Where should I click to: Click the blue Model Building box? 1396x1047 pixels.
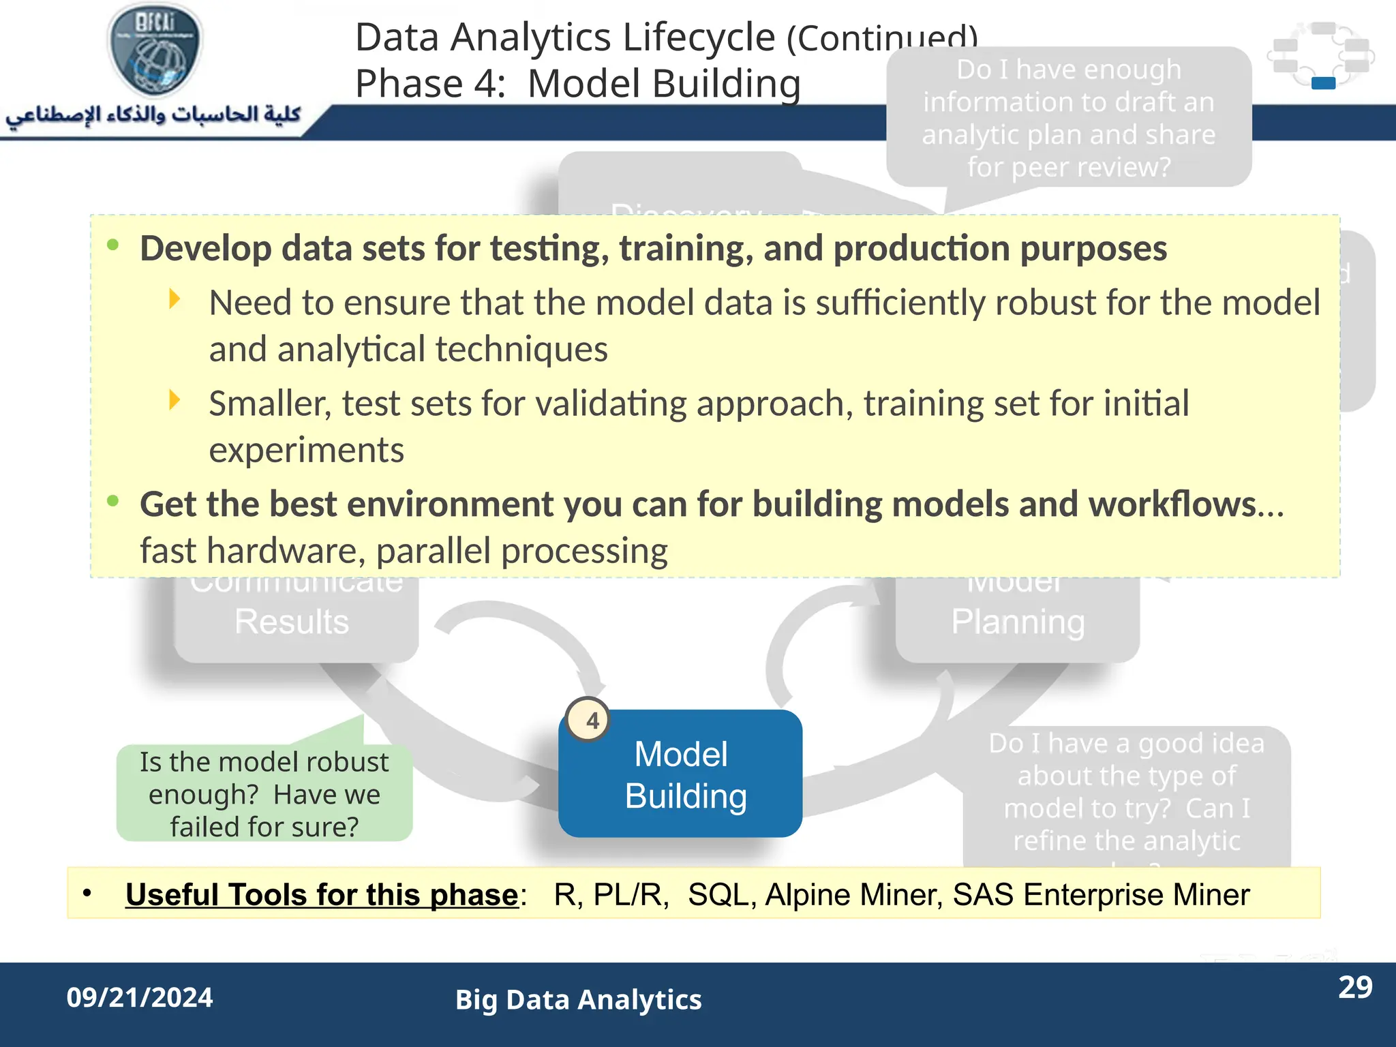pyautogui.click(x=680, y=774)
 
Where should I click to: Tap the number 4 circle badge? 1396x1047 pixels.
pyautogui.click(x=590, y=720)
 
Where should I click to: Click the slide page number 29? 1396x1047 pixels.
pyautogui.click(x=1354, y=987)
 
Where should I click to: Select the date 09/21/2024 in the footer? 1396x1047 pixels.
pyautogui.click(x=140, y=998)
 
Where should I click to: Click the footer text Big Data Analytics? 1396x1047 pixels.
pyautogui.click(x=578, y=1000)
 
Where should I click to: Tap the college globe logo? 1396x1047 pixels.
pyautogui.click(x=155, y=51)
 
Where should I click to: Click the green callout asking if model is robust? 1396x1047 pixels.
pyautogui.click(x=264, y=794)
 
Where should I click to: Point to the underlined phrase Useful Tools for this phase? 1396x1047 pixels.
pyautogui.click(x=322, y=894)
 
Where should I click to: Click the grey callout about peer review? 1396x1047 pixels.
pyautogui.click(x=1068, y=118)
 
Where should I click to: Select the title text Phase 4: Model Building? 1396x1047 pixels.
pyautogui.click(x=577, y=84)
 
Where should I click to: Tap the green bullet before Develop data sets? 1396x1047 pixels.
pyautogui.click(x=113, y=245)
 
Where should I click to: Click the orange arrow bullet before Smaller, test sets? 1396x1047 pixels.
pyautogui.click(x=175, y=400)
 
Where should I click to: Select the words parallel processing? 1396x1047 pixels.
pyautogui.click(x=521, y=551)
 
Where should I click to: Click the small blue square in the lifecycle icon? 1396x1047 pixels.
pyautogui.click(x=1322, y=83)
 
